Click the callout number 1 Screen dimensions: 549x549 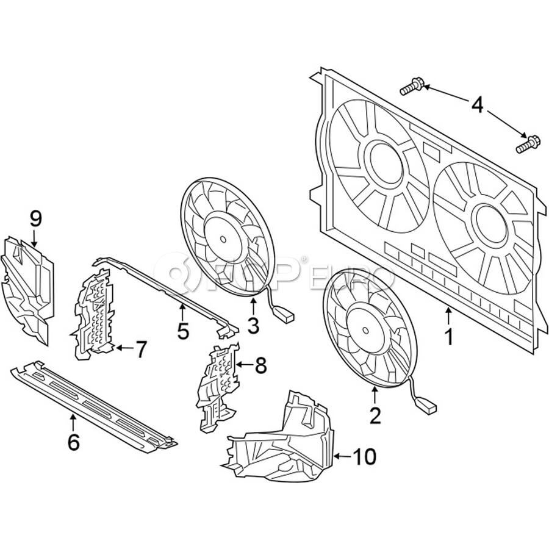[x=449, y=337]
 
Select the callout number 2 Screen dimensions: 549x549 [x=375, y=416]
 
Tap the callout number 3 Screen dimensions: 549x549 [x=253, y=326]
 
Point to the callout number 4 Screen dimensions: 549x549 [x=477, y=105]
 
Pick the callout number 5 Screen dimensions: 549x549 [x=183, y=331]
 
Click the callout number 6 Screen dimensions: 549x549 [x=74, y=442]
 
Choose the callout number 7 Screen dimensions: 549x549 [x=140, y=349]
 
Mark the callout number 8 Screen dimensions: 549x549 [x=261, y=365]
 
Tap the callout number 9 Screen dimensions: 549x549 [x=36, y=219]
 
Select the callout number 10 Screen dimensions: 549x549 [x=365, y=456]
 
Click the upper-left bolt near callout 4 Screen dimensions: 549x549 [x=412, y=86]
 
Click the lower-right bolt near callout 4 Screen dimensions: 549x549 [x=528, y=144]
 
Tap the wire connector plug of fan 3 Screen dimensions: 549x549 [x=285, y=314]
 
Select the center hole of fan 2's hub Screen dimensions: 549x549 [x=365, y=330]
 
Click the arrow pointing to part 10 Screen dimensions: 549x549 [x=343, y=456]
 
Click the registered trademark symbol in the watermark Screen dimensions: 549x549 [x=304, y=259]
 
